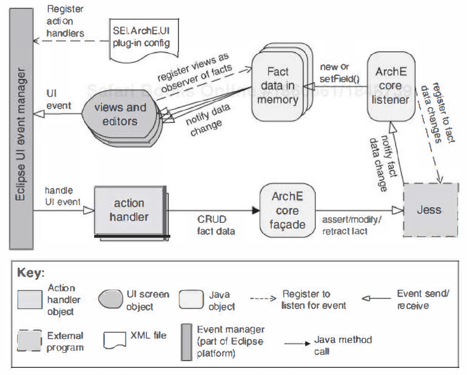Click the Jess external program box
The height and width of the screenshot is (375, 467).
(x=428, y=210)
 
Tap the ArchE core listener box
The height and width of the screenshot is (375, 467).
(x=391, y=86)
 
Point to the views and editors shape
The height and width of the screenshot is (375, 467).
(x=120, y=114)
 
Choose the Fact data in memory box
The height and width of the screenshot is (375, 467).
(x=278, y=86)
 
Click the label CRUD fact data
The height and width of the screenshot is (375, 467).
(x=216, y=225)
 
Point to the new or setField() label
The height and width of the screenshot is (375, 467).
(x=341, y=73)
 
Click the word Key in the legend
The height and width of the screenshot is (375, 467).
(x=31, y=273)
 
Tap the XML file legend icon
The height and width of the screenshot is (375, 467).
(x=115, y=340)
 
